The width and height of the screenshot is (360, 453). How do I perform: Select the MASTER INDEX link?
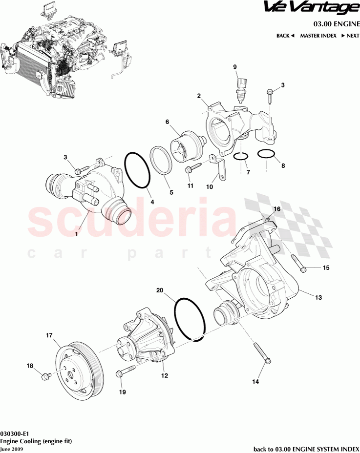tap(318, 36)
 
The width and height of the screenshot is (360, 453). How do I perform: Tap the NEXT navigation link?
tap(350, 36)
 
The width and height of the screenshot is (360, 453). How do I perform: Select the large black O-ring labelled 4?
tap(137, 170)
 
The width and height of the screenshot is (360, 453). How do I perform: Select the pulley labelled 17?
tap(80, 366)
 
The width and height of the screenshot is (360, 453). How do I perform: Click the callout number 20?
tap(159, 290)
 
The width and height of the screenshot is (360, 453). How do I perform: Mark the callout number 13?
tap(318, 297)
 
